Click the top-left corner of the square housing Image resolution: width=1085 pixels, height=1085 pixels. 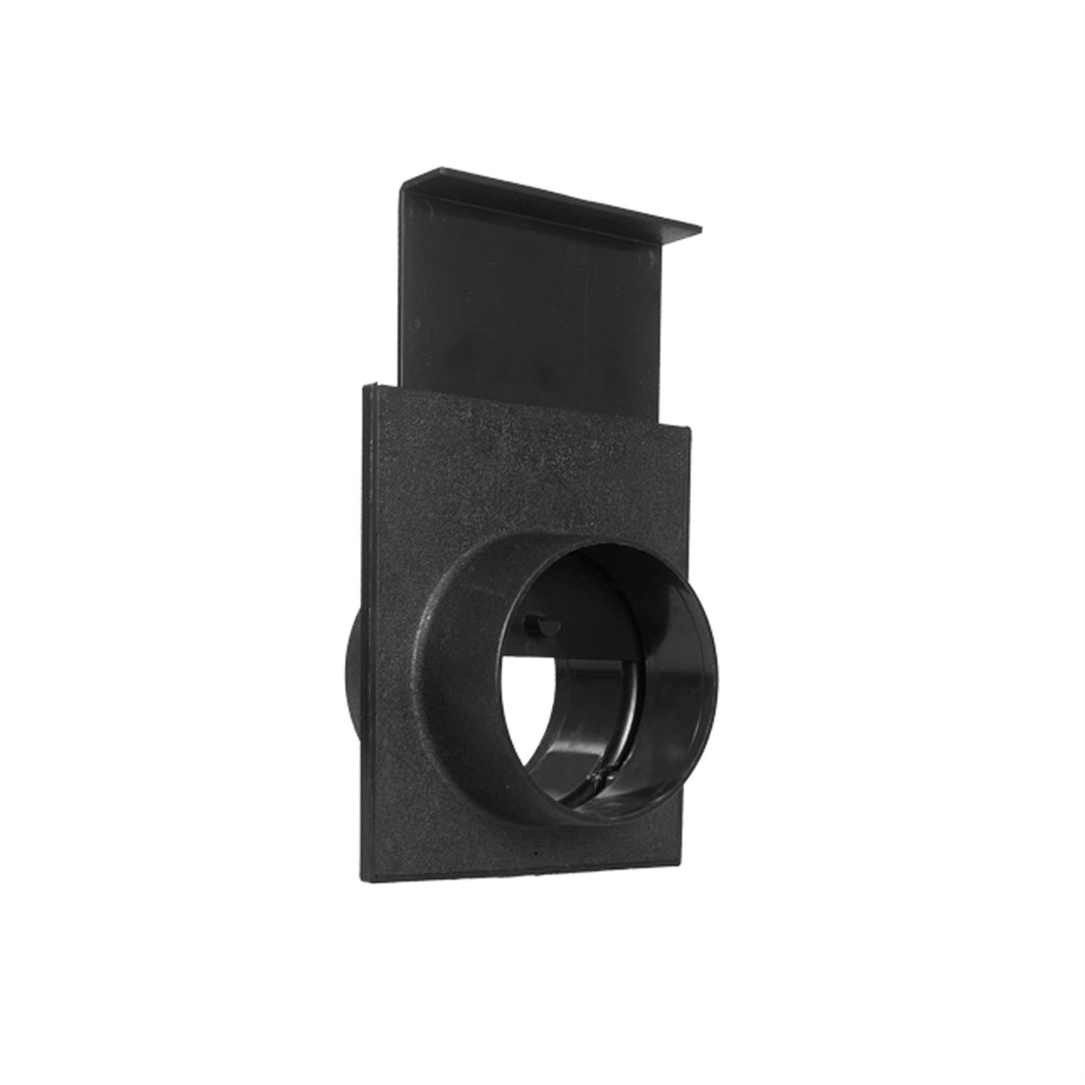click(361, 386)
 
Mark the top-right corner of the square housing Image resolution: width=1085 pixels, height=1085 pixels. click(692, 428)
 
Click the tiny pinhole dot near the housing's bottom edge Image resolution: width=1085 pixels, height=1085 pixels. click(534, 855)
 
